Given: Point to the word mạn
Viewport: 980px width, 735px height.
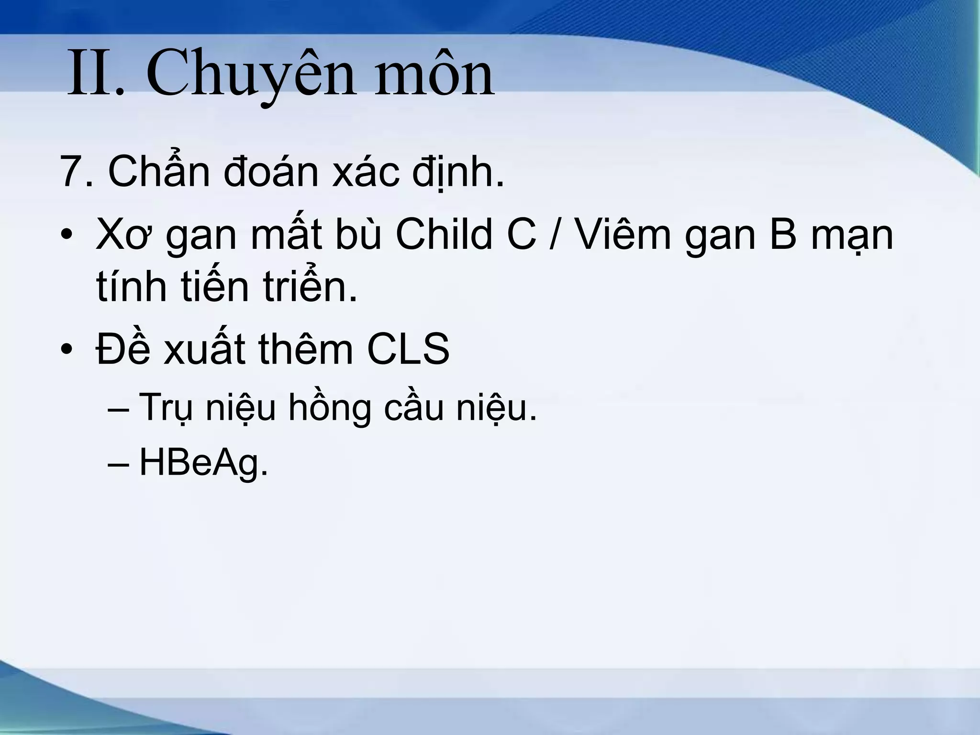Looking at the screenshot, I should tap(851, 235).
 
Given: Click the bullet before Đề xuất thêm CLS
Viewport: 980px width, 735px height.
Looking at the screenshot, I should tap(67, 349).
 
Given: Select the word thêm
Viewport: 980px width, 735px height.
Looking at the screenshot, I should tap(306, 349).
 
